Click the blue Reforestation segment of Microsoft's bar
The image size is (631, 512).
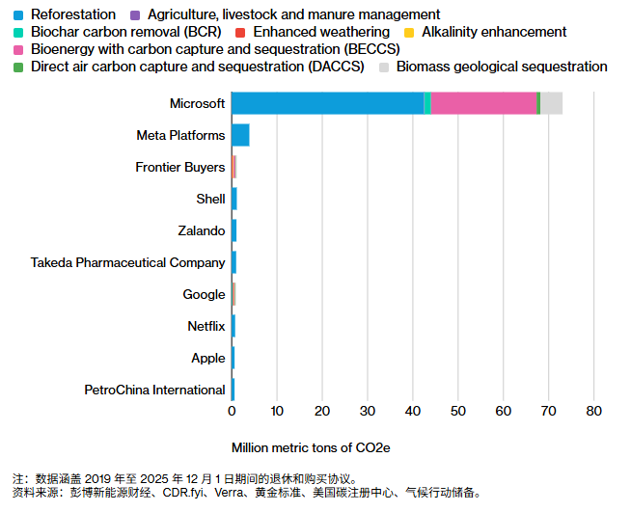(328, 103)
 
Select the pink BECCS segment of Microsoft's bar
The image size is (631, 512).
(483, 103)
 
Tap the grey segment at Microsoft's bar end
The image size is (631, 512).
(551, 103)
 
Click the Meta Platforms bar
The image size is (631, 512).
(240, 135)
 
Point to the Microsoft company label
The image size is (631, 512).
(197, 103)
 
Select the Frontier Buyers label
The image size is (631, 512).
(179, 167)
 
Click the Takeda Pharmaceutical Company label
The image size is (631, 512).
(127, 262)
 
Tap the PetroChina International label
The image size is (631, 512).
(154, 390)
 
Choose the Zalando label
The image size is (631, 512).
(201, 230)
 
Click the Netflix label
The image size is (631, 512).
(206, 326)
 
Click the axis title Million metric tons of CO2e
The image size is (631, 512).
(311, 447)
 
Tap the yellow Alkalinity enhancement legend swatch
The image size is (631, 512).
(408, 32)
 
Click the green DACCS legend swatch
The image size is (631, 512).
(18, 67)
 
